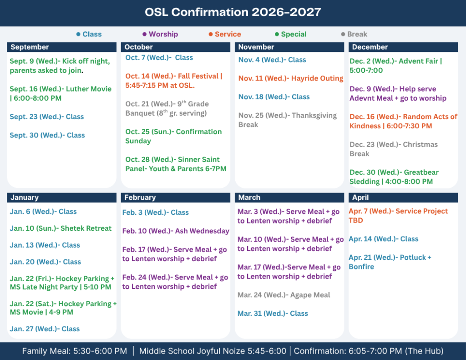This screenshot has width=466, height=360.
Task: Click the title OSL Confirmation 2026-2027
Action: point(233,12)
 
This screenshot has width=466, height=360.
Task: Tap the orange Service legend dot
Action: point(210,34)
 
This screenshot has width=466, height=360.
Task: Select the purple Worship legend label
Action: point(163,34)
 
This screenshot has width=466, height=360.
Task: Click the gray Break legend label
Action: point(357,34)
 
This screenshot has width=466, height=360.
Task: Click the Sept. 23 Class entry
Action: point(47,117)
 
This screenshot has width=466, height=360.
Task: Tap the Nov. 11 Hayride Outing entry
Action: point(291,78)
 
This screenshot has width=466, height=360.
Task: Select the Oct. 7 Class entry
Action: point(159,58)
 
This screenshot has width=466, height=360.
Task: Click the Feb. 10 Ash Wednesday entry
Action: point(176,231)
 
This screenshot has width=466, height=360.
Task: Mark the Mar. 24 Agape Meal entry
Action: point(284,295)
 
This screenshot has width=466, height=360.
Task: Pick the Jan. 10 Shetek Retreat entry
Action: point(61,228)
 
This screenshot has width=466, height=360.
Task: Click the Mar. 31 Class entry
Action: point(273,314)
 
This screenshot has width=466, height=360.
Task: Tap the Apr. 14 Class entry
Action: point(383,239)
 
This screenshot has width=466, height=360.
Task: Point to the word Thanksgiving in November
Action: point(314,116)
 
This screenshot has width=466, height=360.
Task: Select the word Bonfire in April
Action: point(361,267)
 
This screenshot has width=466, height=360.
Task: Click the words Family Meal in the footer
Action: point(46,351)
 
